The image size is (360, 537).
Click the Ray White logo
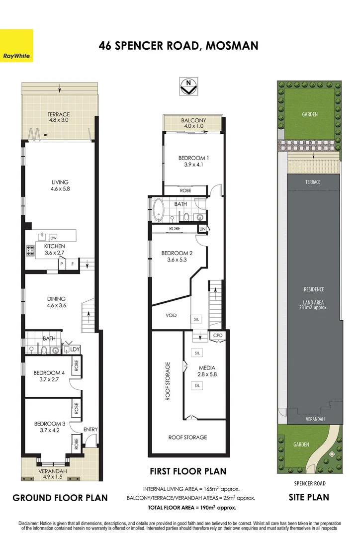[17, 46]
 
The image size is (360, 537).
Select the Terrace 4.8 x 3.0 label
[59, 117]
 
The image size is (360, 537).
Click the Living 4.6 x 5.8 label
[60, 185]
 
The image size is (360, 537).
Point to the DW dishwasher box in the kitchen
[53, 238]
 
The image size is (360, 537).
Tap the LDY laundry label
[75, 350]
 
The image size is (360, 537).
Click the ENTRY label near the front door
[90, 429]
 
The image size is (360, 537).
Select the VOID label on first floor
[171, 315]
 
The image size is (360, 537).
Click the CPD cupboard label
[218, 336]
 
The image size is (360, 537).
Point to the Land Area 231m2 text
[314, 304]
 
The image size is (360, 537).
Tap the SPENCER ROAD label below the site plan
[309, 482]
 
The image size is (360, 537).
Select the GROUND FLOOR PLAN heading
[60, 498]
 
